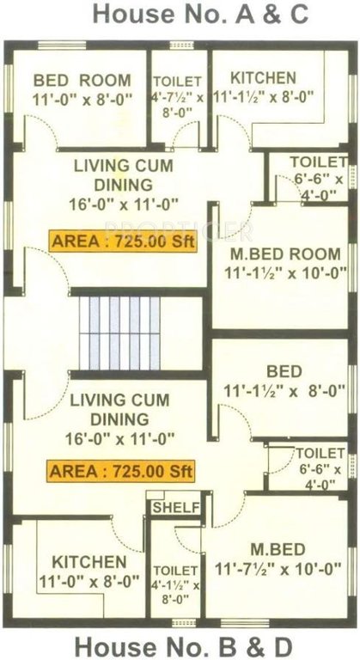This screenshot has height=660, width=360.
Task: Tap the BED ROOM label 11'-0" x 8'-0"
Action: click(82, 89)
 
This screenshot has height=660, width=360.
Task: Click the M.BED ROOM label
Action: click(284, 264)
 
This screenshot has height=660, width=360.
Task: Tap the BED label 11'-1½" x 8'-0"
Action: click(284, 382)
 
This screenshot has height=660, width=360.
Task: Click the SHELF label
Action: click(175, 508)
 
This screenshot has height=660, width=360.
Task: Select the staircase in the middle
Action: click(120, 331)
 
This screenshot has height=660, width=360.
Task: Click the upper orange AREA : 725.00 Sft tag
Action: click(123, 241)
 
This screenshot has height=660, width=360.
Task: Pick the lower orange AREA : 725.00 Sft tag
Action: click(121, 471)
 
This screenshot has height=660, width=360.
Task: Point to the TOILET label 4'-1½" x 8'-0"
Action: click(175, 585)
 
